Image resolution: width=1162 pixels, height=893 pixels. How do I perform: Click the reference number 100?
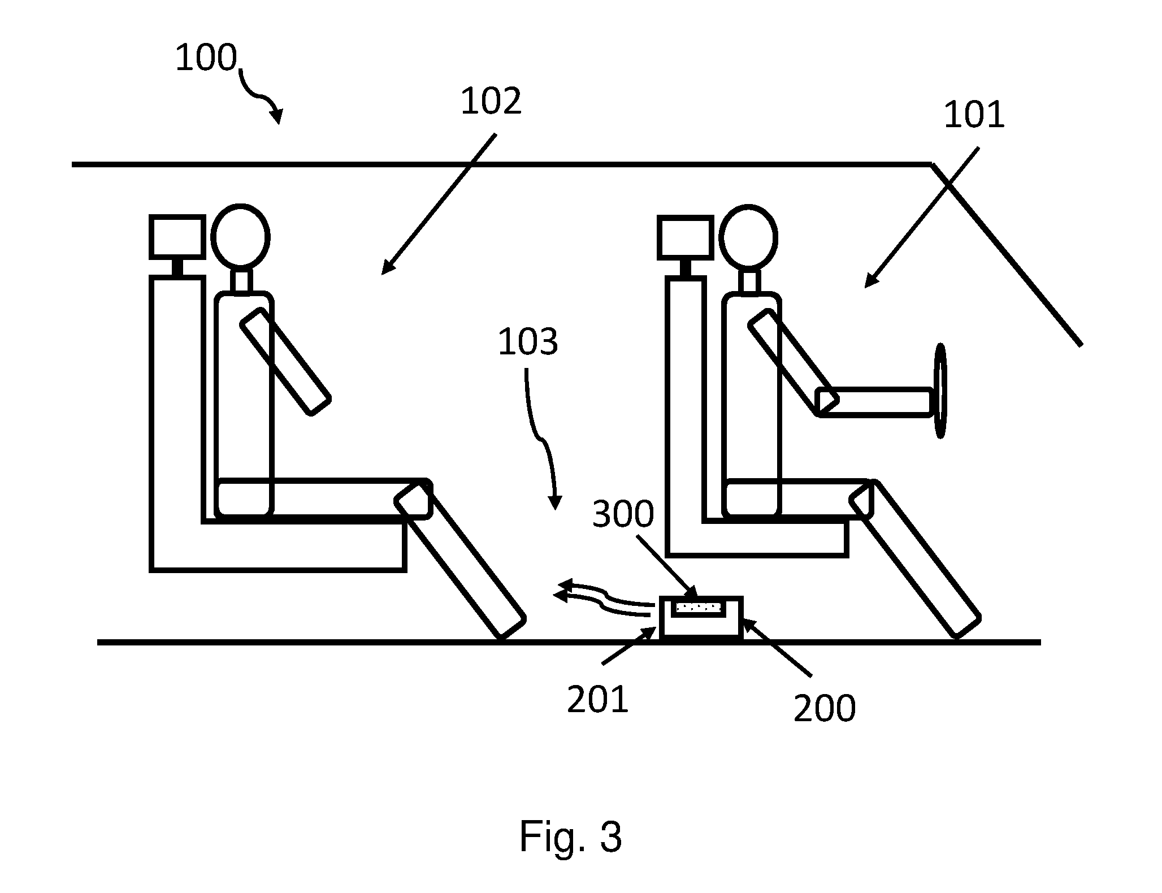pos(206,58)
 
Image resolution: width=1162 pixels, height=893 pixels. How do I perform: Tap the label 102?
pos(491,102)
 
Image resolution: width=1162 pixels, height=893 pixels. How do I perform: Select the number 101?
pos(974,115)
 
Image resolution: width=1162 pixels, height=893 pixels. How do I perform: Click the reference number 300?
pos(623,514)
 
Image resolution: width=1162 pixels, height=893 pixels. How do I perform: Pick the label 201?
pos(598,699)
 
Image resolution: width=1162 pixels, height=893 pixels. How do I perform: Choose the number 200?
pos(825,708)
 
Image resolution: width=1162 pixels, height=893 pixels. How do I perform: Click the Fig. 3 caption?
pos(571,836)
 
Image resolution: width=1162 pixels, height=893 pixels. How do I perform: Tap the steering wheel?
pos(939,390)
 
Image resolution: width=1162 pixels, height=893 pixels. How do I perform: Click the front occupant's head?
pos(747,236)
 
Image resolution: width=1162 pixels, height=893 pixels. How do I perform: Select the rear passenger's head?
pos(240,236)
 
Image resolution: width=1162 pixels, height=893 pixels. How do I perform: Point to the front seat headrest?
pos(684,237)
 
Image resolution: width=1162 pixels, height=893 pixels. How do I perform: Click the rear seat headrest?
pos(177,237)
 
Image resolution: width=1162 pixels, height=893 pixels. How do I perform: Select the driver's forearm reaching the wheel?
pos(875,402)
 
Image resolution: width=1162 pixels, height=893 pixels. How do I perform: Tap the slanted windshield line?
pos(1006,254)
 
